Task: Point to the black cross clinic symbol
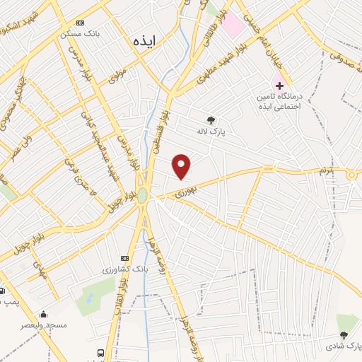click(x=280, y=86)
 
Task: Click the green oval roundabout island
click(x=142, y=195)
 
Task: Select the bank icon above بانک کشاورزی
click(x=125, y=258)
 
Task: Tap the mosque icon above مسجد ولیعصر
click(x=44, y=315)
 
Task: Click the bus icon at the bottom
click(x=101, y=352)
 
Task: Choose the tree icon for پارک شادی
click(x=344, y=334)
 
